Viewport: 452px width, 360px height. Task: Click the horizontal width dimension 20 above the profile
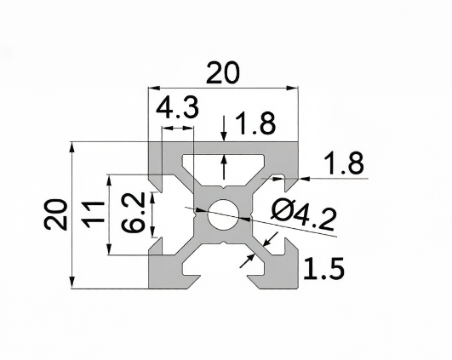[223, 72]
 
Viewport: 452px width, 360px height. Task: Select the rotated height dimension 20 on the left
[56, 214]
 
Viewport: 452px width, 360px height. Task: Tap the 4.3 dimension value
[177, 107]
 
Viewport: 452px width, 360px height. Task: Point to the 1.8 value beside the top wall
[255, 123]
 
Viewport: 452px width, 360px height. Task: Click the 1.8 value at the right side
[344, 163]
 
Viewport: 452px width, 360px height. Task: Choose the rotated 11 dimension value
[93, 214]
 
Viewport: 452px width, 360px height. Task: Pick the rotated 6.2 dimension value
[134, 213]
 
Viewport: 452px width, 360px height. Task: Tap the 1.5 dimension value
[323, 269]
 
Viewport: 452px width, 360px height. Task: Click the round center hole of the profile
[223, 214]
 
